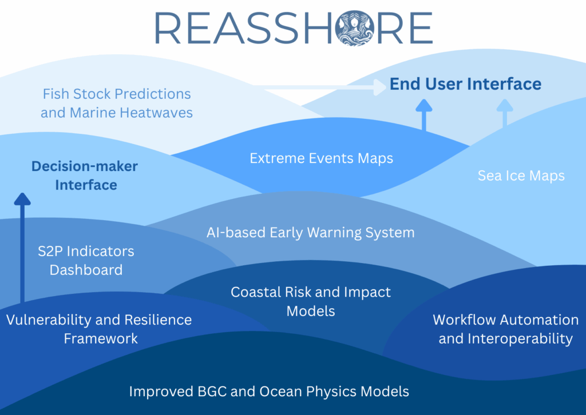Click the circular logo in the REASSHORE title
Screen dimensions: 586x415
354,28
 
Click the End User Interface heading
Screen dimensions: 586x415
465,84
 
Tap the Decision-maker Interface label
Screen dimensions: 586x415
85,175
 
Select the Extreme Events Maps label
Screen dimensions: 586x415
322,158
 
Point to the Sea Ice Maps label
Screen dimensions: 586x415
521,175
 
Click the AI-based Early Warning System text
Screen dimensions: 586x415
311,233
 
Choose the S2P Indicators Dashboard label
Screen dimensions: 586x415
86,261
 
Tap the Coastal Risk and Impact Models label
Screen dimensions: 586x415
311,302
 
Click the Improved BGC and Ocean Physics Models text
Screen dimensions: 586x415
269,392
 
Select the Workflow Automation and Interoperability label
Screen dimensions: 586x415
506,329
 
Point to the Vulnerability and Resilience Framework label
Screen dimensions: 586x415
99,329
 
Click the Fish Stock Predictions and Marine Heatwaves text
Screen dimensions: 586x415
117,103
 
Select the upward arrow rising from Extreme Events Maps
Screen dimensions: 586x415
424,115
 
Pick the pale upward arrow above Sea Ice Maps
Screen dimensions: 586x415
505,113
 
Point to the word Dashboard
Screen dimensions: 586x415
86,270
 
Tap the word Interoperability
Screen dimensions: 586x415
520,339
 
